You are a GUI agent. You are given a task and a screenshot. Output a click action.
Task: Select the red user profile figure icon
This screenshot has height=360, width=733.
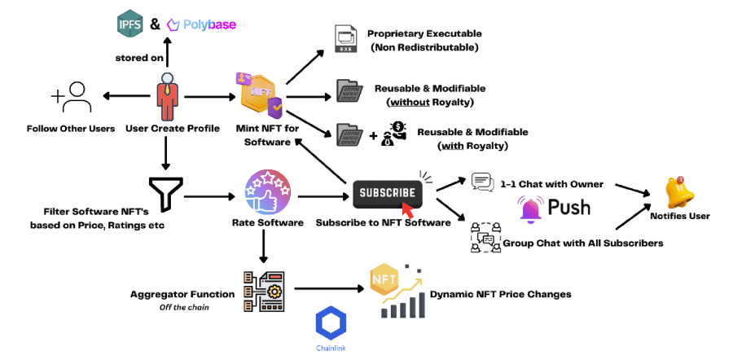166,94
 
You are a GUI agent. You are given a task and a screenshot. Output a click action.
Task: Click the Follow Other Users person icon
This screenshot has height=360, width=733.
72,98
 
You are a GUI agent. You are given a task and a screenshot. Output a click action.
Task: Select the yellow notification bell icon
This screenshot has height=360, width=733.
679,192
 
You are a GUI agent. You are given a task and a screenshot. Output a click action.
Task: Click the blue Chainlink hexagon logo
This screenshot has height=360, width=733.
331,323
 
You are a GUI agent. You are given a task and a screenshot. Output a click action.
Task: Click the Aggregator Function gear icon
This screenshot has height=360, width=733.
263,292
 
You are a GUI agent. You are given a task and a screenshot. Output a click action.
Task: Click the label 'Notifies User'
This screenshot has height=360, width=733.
681,216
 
